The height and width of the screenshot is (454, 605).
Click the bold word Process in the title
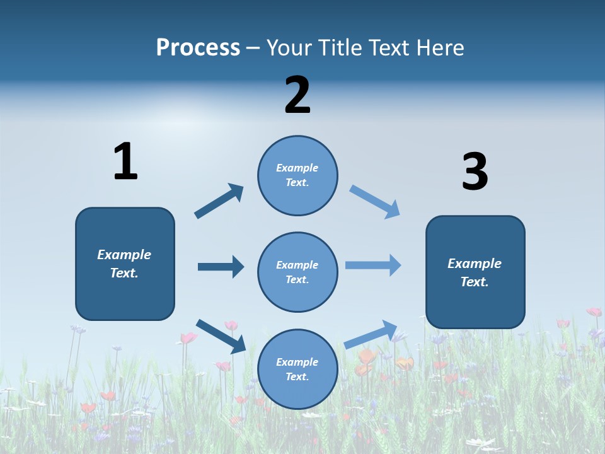198,48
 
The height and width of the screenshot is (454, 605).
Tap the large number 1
125,162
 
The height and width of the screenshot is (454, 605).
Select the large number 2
297,95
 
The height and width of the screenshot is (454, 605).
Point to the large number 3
475,172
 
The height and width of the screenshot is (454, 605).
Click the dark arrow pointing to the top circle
219,201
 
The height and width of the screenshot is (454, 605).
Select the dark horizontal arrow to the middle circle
221,267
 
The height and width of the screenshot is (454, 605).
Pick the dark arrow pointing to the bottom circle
221,335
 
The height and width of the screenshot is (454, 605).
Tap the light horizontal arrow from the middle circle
373,265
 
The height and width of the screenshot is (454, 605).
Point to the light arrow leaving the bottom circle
371,334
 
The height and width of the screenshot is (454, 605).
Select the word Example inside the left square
124,255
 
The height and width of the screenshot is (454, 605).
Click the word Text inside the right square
473,282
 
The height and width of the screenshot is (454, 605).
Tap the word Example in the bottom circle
297,362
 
